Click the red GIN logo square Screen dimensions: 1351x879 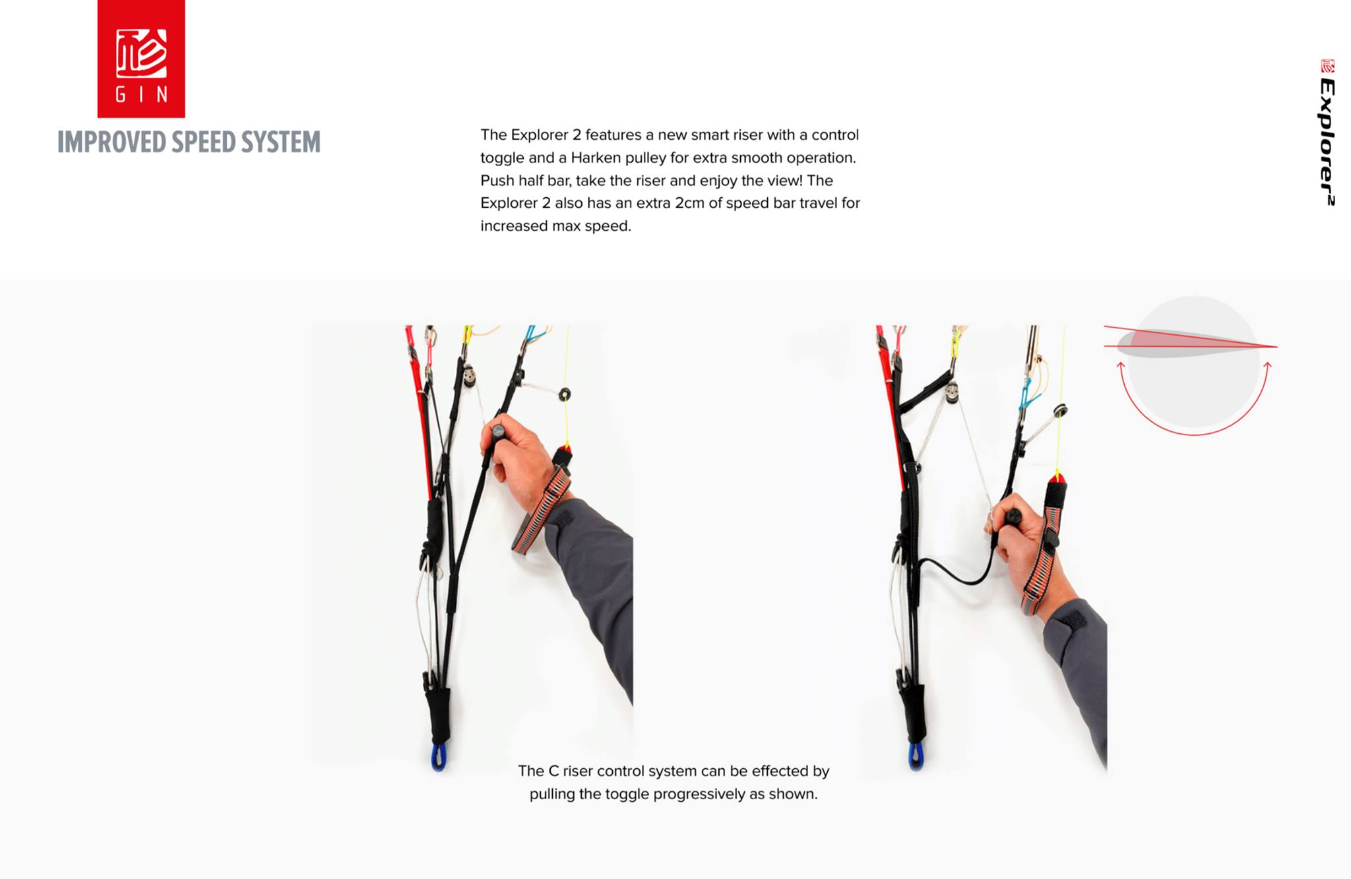click(x=141, y=59)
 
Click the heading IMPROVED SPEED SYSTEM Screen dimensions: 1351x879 click(x=189, y=142)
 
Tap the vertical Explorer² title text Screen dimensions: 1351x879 click(x=1328, y=141)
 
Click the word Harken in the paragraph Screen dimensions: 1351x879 click(x=594, y=158)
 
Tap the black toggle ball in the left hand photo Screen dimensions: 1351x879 click(x=498, y=432)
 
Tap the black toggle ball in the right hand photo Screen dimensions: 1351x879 click(x=1013, y=516)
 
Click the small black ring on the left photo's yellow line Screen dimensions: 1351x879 click(x=565, y=394)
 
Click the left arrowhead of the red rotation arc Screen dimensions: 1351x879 click(x=1120, y=365)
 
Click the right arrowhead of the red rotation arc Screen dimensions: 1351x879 click(x=1267, y=365)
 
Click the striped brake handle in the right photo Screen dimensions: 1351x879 click(x=1044, y=544)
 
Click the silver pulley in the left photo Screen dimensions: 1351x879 click(x=469, y=376)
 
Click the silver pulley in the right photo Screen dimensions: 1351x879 click(x=952, y=393)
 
